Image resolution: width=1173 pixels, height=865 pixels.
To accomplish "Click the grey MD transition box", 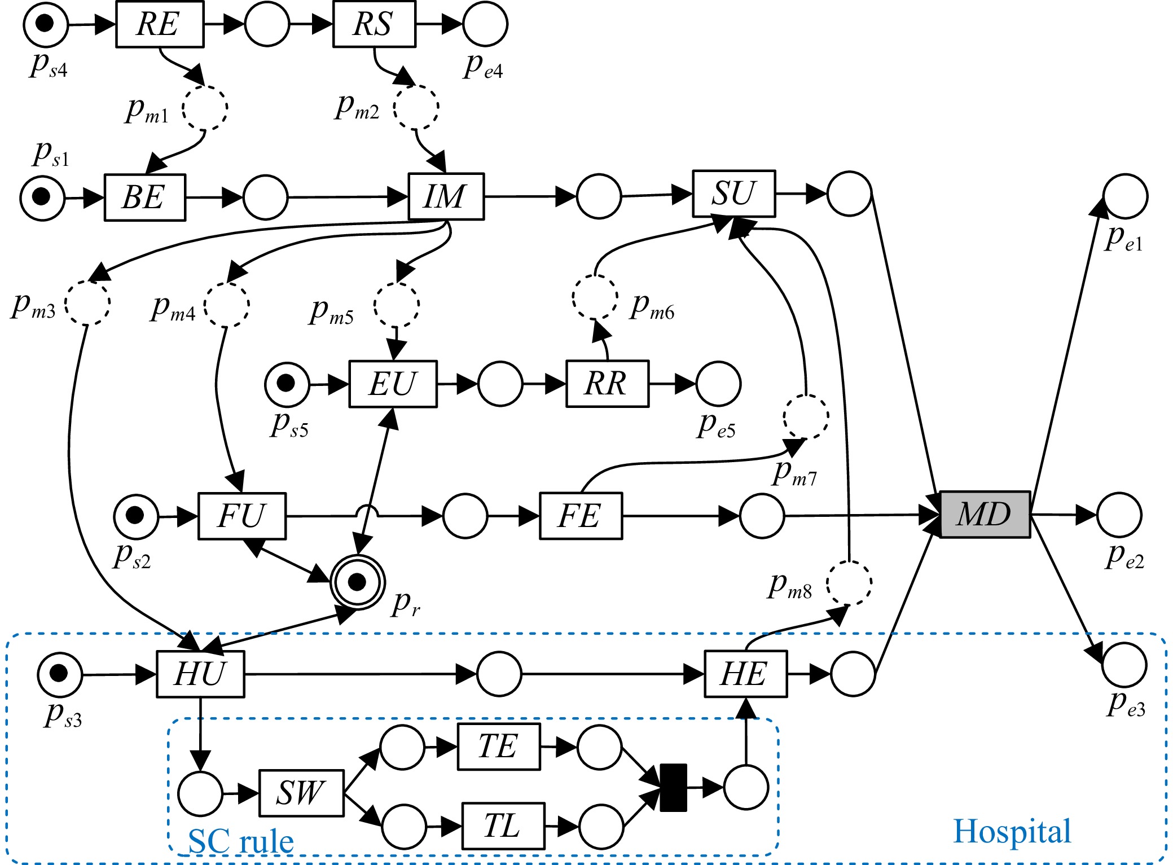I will (x=985, y=514).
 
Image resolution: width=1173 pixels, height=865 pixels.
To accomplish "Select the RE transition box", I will (x=160, y=24).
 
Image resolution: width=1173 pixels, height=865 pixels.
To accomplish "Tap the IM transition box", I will (x=446, y=196).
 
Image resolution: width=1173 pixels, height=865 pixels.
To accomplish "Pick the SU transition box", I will (x=733, y=194).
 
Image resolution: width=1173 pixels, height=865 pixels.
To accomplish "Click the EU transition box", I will (x=393, y=384).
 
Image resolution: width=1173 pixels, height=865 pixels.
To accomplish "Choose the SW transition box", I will (x=301, y=793).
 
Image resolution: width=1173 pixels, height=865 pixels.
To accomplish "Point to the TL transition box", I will (x=503, y=826).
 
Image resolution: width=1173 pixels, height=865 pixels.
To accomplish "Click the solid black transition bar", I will (x=673, y=788).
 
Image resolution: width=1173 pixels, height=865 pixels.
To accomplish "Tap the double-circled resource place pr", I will (x=358, y=581).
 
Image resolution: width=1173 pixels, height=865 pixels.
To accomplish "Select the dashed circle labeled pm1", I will (x=205, y=108).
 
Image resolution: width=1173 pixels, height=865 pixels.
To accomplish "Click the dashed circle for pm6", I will (x=595, y=297).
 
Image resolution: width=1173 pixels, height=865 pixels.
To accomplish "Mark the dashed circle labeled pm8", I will (x=849, y=583).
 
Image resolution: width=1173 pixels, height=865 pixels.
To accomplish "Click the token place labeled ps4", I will (x=45, y=24).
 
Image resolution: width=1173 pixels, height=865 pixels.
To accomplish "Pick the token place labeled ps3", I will (x=60, y=674).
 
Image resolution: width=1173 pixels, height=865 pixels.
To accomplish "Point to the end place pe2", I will (x=1119, y=515).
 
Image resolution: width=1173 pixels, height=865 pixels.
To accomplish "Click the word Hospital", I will (x=1012, y=831).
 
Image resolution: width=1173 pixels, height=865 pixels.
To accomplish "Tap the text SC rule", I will (x=241, y=841).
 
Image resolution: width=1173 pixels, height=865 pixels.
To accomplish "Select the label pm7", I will (x=794, y=472).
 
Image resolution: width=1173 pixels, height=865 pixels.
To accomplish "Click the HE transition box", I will (x=745, y=674).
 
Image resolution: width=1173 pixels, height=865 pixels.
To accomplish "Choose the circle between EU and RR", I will (x=500, y=384).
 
